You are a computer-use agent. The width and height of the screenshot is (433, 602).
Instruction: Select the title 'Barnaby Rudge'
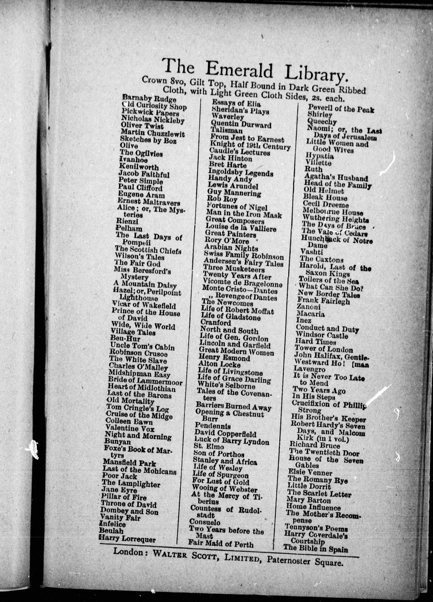tap(149, 99)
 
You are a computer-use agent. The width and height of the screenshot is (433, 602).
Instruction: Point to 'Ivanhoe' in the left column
tap(133, 160)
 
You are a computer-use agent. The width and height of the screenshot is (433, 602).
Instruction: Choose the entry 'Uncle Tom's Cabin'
tap(142, 347)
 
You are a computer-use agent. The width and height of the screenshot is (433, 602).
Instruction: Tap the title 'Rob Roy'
tap(223, 199)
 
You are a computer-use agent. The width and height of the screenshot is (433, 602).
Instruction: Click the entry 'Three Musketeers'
tap(234, 269)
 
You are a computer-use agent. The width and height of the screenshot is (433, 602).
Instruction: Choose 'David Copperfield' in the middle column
tap(225, 434)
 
